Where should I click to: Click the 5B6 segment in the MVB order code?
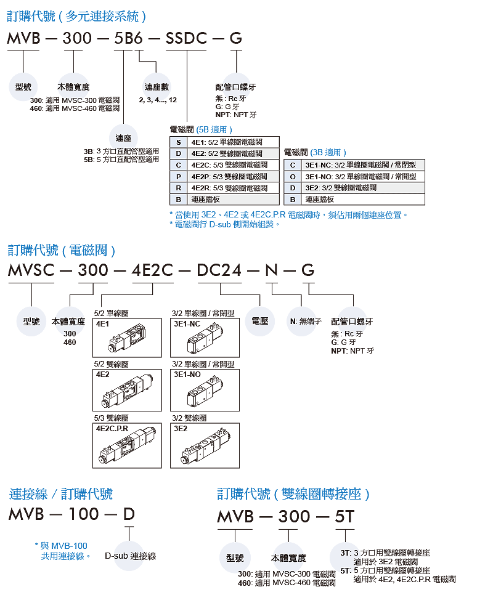(x=129, y=39)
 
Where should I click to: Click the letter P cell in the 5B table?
(x=178, y=176)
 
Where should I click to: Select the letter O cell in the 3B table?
(x=293, y=176)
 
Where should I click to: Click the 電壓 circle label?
(x=260, y=321)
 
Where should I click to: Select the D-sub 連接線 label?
(x=131, y=556)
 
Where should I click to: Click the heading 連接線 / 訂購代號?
(x=61, y=493)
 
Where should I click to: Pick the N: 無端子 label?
(x=306, y=321)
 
